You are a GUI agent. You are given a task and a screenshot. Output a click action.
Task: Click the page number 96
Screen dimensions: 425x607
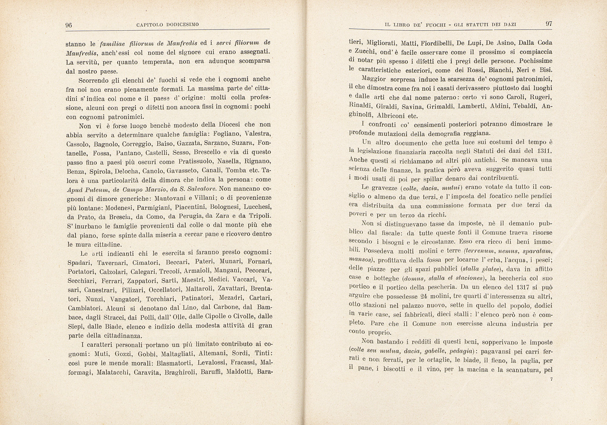tap(69, 25)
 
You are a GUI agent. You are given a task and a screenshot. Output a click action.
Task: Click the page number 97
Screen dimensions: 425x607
tap(549, 24)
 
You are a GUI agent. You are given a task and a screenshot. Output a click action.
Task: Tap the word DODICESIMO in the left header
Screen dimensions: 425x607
tap(183, 25)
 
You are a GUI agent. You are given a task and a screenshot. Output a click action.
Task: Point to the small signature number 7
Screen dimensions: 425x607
tap(551, 379)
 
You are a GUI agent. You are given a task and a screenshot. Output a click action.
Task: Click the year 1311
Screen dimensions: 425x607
tap(544, 151)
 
